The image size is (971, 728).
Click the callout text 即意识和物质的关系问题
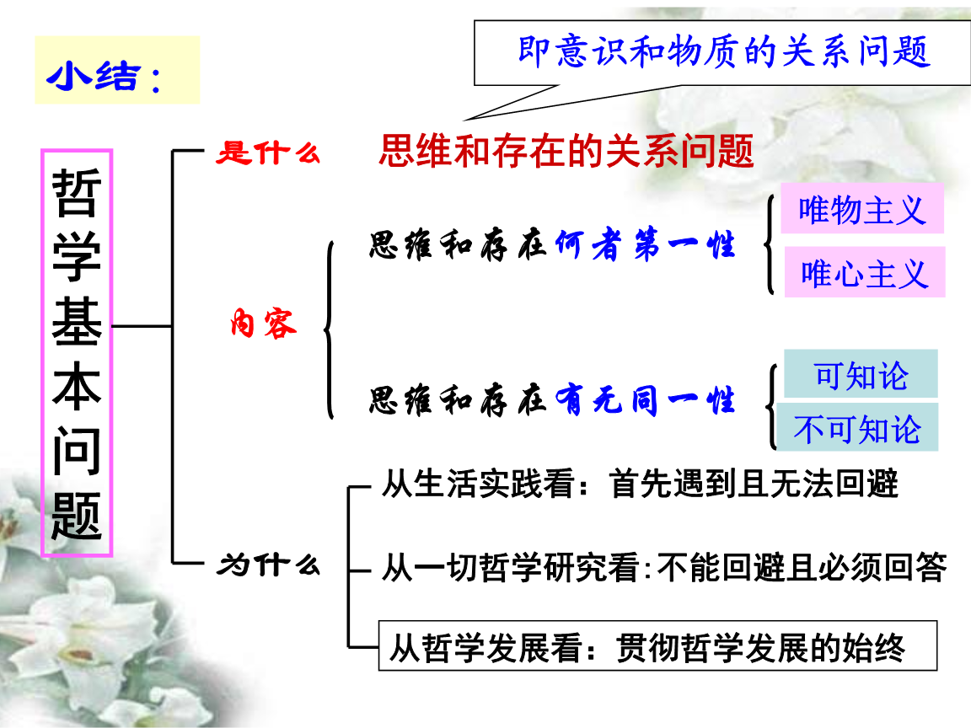tap(723, 51)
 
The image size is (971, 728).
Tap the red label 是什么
tap(268, 153)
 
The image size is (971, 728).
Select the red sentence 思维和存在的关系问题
tap(566, 152)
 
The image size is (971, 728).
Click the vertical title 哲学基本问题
tap(77, 353)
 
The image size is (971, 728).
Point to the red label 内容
tap(264, 324)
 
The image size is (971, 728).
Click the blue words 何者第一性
tap(646, 245)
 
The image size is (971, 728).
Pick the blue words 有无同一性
tap(646, 400)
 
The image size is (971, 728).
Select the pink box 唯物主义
tap(861, 210)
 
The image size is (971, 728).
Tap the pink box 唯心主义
tap(864, 273)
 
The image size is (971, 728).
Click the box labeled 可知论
tap(861, 374)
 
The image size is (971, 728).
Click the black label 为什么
tap(268, 564)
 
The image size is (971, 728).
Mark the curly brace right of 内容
tap(330, 329)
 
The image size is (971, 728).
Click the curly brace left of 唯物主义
tap(770, 244)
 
